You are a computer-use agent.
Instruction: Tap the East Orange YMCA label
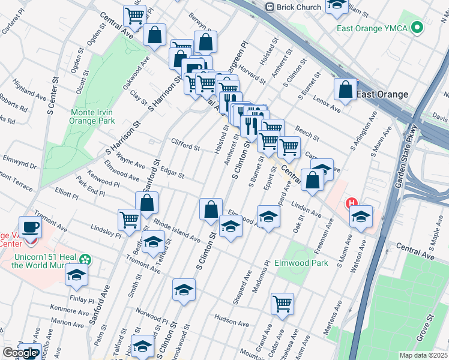click(370, 28)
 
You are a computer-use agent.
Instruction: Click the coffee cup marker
click(30, 228)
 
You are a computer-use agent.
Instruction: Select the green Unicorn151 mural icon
click(86, 260)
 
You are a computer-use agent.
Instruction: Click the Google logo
click(19, 353)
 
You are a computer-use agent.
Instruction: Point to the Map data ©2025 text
click(423, 355)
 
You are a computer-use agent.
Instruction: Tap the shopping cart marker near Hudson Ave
click(282, 304)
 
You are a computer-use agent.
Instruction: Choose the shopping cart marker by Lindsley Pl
click(130, 220)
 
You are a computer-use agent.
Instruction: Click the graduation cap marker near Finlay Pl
click(76, 275)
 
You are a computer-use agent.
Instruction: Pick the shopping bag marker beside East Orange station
click(346, 90)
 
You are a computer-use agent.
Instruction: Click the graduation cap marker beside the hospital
click(361, 217)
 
